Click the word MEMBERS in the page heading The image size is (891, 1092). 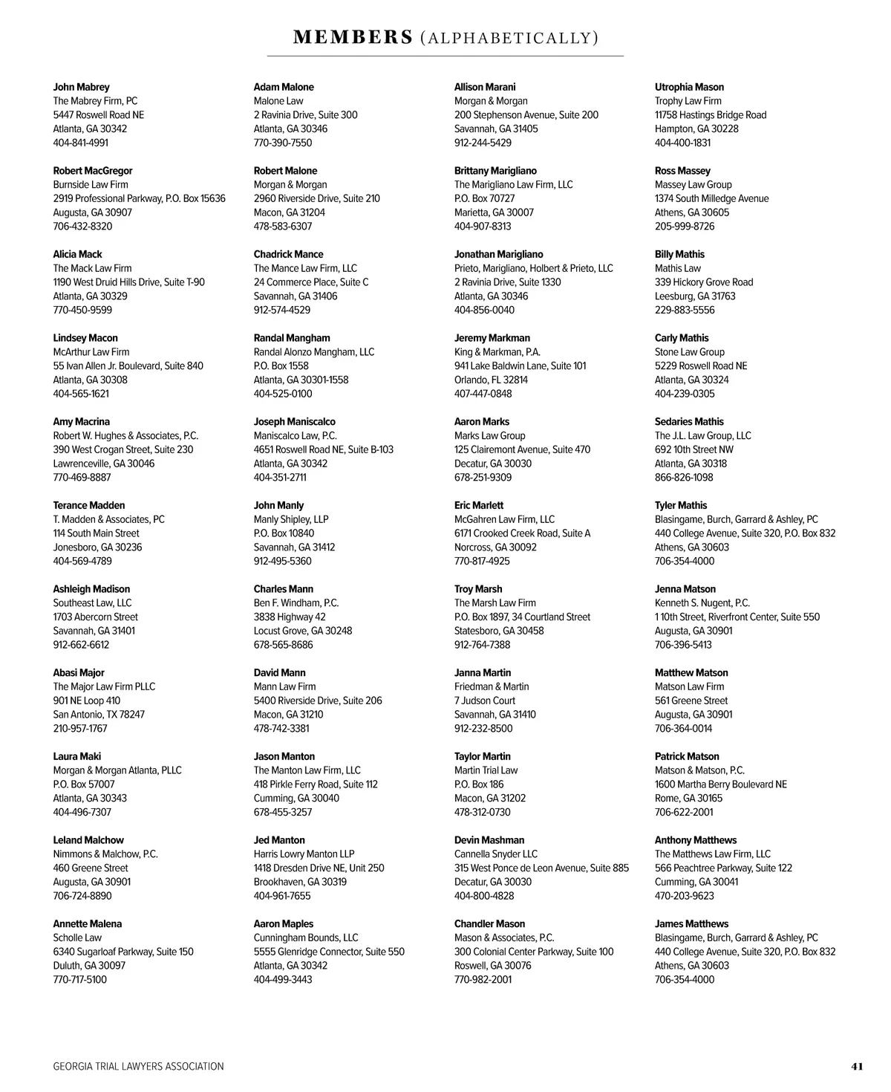coord(353,37)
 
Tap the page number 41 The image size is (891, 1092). coord(857,1066)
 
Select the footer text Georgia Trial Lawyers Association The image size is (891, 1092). coord(138,1066)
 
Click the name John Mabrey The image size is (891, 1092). coord(81,87)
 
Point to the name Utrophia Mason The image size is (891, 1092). coord(689,87)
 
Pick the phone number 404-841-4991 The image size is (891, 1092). coord(80,143)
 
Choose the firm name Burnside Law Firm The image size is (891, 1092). coord(90,184)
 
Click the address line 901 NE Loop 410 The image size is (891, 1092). coord(86,701)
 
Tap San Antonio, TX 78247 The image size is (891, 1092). coord(99,715)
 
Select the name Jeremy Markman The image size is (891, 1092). coord(492,338)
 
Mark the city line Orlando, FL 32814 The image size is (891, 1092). coord(491,380)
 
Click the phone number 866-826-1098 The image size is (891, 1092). coord(684,478)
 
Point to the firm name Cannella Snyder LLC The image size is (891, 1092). coord(495,854)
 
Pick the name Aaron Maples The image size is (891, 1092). coord(283,924)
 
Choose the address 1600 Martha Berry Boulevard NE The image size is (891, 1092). coord(720,784)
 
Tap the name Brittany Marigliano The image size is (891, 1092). coord(495,171)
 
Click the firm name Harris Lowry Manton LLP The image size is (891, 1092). coord(304,854)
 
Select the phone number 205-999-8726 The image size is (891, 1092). coord(685,227)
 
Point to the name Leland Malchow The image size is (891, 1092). coord(88,840)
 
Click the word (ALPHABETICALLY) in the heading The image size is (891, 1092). coord(509,38)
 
